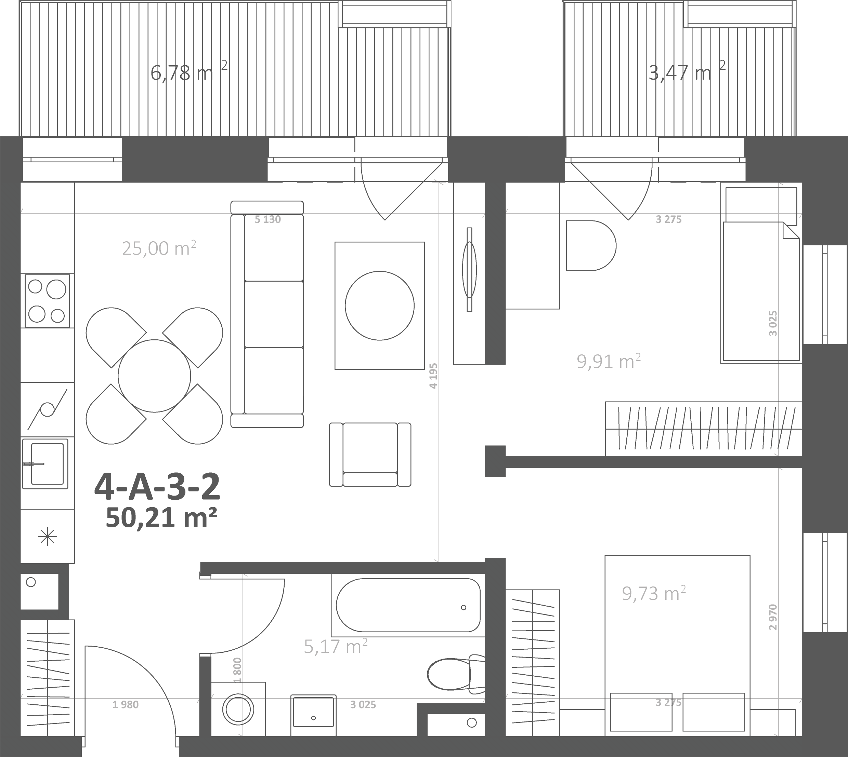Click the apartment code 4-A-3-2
point(157,487)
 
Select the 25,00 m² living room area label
point(159,248)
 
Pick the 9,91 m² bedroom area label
point(609,361)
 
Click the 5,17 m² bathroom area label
point(336,646)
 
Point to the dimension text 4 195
point(433,376)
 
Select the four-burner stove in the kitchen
point(48,301)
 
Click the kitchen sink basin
point(48,464)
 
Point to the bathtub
point(408,606)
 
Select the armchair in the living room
point(370,455)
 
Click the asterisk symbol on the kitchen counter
point(48,537)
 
